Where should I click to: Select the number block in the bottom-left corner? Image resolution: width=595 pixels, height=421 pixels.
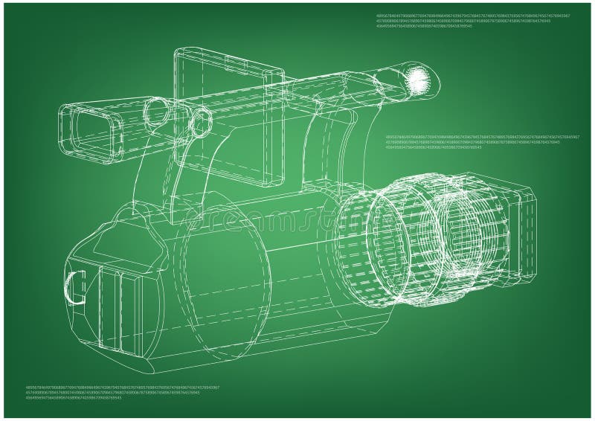[123, 393]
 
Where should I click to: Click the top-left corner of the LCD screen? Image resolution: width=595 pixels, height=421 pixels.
[176, 52]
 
